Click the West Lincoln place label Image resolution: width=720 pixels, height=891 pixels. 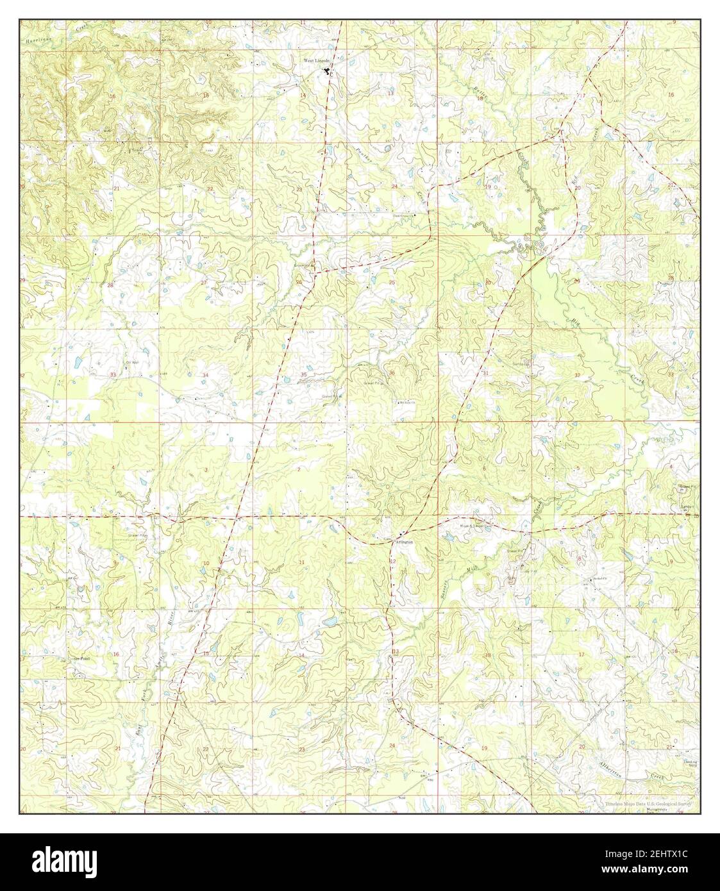(317, 60)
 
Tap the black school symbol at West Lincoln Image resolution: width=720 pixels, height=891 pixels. (326, 71)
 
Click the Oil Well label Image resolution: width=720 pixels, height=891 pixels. (132, 362)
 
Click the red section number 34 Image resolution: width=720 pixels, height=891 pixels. (206, 375)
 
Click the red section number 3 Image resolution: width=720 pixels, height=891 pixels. (206, 470)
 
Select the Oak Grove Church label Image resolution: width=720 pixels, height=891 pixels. (410, 215)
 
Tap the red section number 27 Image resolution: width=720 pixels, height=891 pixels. (205, 283)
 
